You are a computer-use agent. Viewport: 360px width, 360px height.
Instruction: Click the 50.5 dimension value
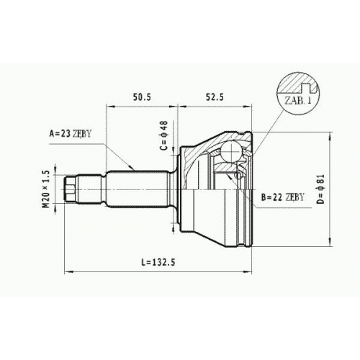pyautogui.click(x=142, y=97)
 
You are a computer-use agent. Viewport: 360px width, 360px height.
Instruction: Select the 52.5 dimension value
pyautogui.click(x=215, y=97)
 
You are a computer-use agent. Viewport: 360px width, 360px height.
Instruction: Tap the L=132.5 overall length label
pyautogui.click(x=158, y=262)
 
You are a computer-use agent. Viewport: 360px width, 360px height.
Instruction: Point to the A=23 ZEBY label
pyautogui.click(x=71, y=133)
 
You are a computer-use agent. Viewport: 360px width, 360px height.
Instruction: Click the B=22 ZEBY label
pyautogui.click(x=283, y=197)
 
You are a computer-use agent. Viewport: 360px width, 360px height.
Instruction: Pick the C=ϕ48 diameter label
pyautogui.click(x=164, y=135)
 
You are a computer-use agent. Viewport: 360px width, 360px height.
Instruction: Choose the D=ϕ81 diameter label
pyautogui.click(x=320, y=189)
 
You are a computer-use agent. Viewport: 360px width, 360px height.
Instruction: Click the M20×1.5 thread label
pyautogui.click(x=45, y=189)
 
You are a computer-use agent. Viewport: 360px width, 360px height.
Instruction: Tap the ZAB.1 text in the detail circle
pyautogui.click(x=298, y=101)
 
